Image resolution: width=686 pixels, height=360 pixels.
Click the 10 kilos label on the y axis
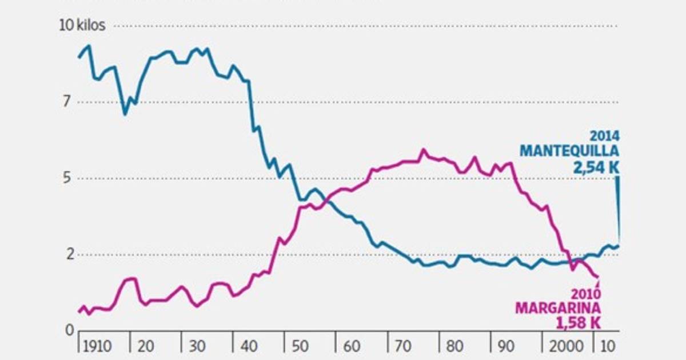click(x=82, y=26)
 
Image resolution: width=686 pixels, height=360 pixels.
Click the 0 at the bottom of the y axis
click(x=69, y=330)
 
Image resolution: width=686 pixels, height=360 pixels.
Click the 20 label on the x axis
click(x=146, y=347)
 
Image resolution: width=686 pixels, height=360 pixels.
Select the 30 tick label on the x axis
click(x=197, y=347)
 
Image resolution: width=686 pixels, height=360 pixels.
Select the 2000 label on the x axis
click(x=563, y=347)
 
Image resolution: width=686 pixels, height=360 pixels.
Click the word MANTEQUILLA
click(x=569, y=151)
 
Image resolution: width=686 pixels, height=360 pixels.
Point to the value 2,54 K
click(x=596, y=167)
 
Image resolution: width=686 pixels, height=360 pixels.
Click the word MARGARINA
click(x=557, y=309)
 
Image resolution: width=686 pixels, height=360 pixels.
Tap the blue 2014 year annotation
click(x=605, y=137)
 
